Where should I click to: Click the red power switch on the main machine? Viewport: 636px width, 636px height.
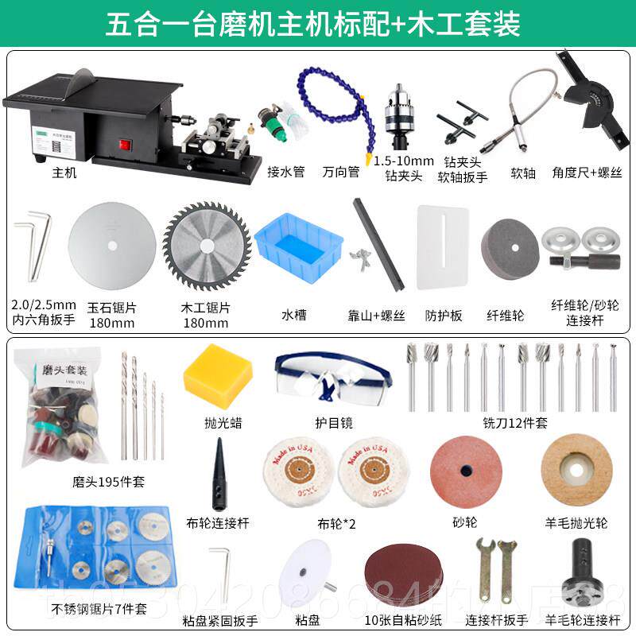124,145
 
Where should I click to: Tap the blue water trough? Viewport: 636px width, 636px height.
300,243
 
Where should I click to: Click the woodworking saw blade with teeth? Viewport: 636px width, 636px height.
201,246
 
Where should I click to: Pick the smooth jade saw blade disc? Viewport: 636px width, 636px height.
112,244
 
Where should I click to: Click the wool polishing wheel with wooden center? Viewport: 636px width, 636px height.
576,469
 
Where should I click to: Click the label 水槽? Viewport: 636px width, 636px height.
294,314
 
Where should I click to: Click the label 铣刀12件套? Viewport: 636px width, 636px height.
515,423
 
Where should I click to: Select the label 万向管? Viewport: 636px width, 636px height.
341,172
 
